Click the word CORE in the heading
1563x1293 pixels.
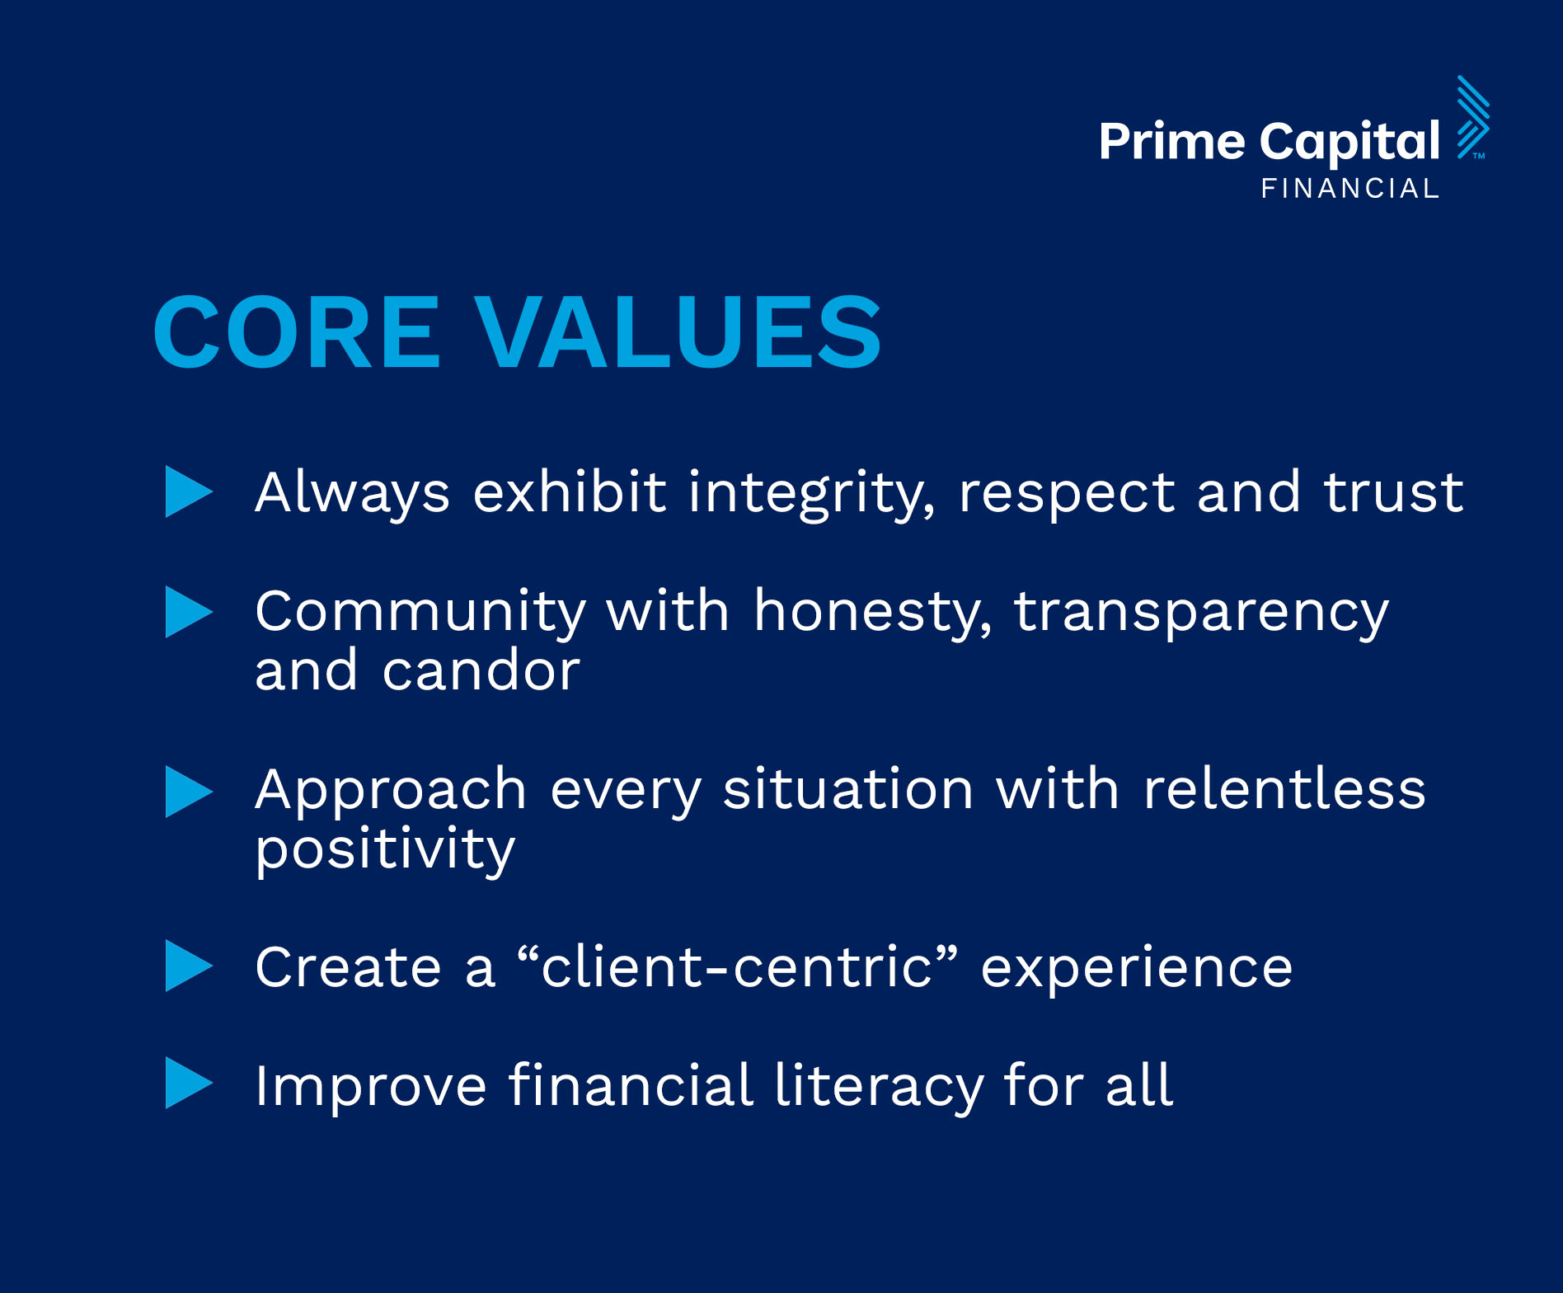(x=297, y=332)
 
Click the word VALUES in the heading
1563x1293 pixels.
(x=679, y=332)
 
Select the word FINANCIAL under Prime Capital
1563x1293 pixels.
(x=1349, y=189)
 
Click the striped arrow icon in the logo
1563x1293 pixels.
(x=1473, y=116)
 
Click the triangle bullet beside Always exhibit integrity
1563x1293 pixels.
(x=189, y=491)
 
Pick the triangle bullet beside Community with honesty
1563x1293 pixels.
(x=189, y=612)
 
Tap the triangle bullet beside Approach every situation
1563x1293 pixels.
(x=189, y=792)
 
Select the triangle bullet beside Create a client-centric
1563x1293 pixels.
(x=189, y=966)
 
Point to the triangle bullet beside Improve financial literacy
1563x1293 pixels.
(x=189, y=1083)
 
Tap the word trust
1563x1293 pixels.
(x=1393, y=493)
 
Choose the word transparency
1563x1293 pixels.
(x=1201, y=614)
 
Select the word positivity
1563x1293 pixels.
(x=385, y=850)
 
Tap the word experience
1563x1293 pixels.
(x=1137, y=970)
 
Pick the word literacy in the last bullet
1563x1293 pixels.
(x=879, y=1087)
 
